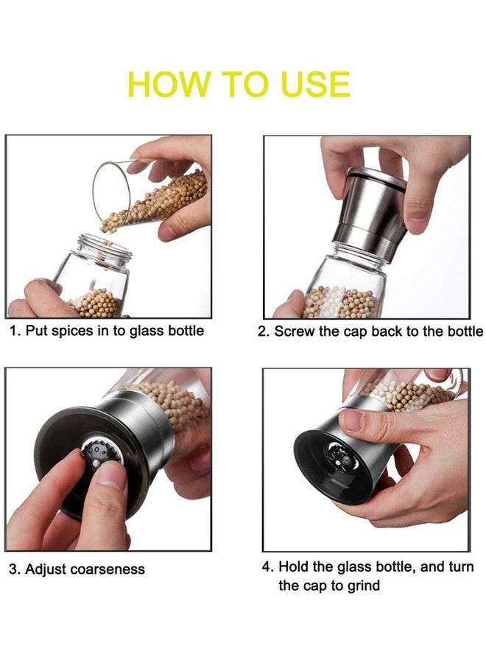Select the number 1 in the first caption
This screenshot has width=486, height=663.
pyautogui.click(x=13, y=331)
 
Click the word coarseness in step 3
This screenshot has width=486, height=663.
pyautogui.click(x=110, y=569)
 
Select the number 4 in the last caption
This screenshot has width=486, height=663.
pyautogui.click(x=268, y=567)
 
